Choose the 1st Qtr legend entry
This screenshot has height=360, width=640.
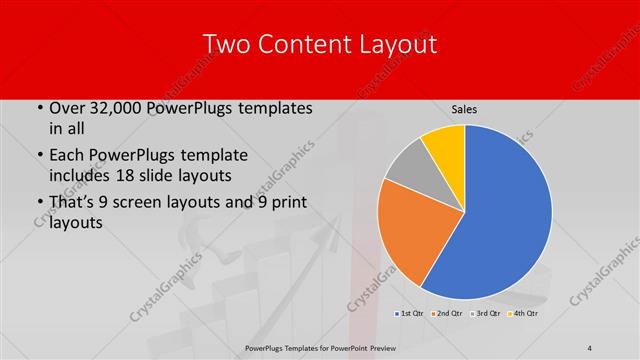coord(408,314)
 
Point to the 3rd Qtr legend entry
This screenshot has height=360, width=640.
coord(485,314)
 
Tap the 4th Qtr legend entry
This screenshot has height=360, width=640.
coord(523,314)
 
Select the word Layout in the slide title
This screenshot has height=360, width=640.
coord(395,44)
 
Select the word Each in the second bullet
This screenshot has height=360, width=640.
coord(67,155)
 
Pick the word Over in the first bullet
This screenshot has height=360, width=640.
coord(67,107)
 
